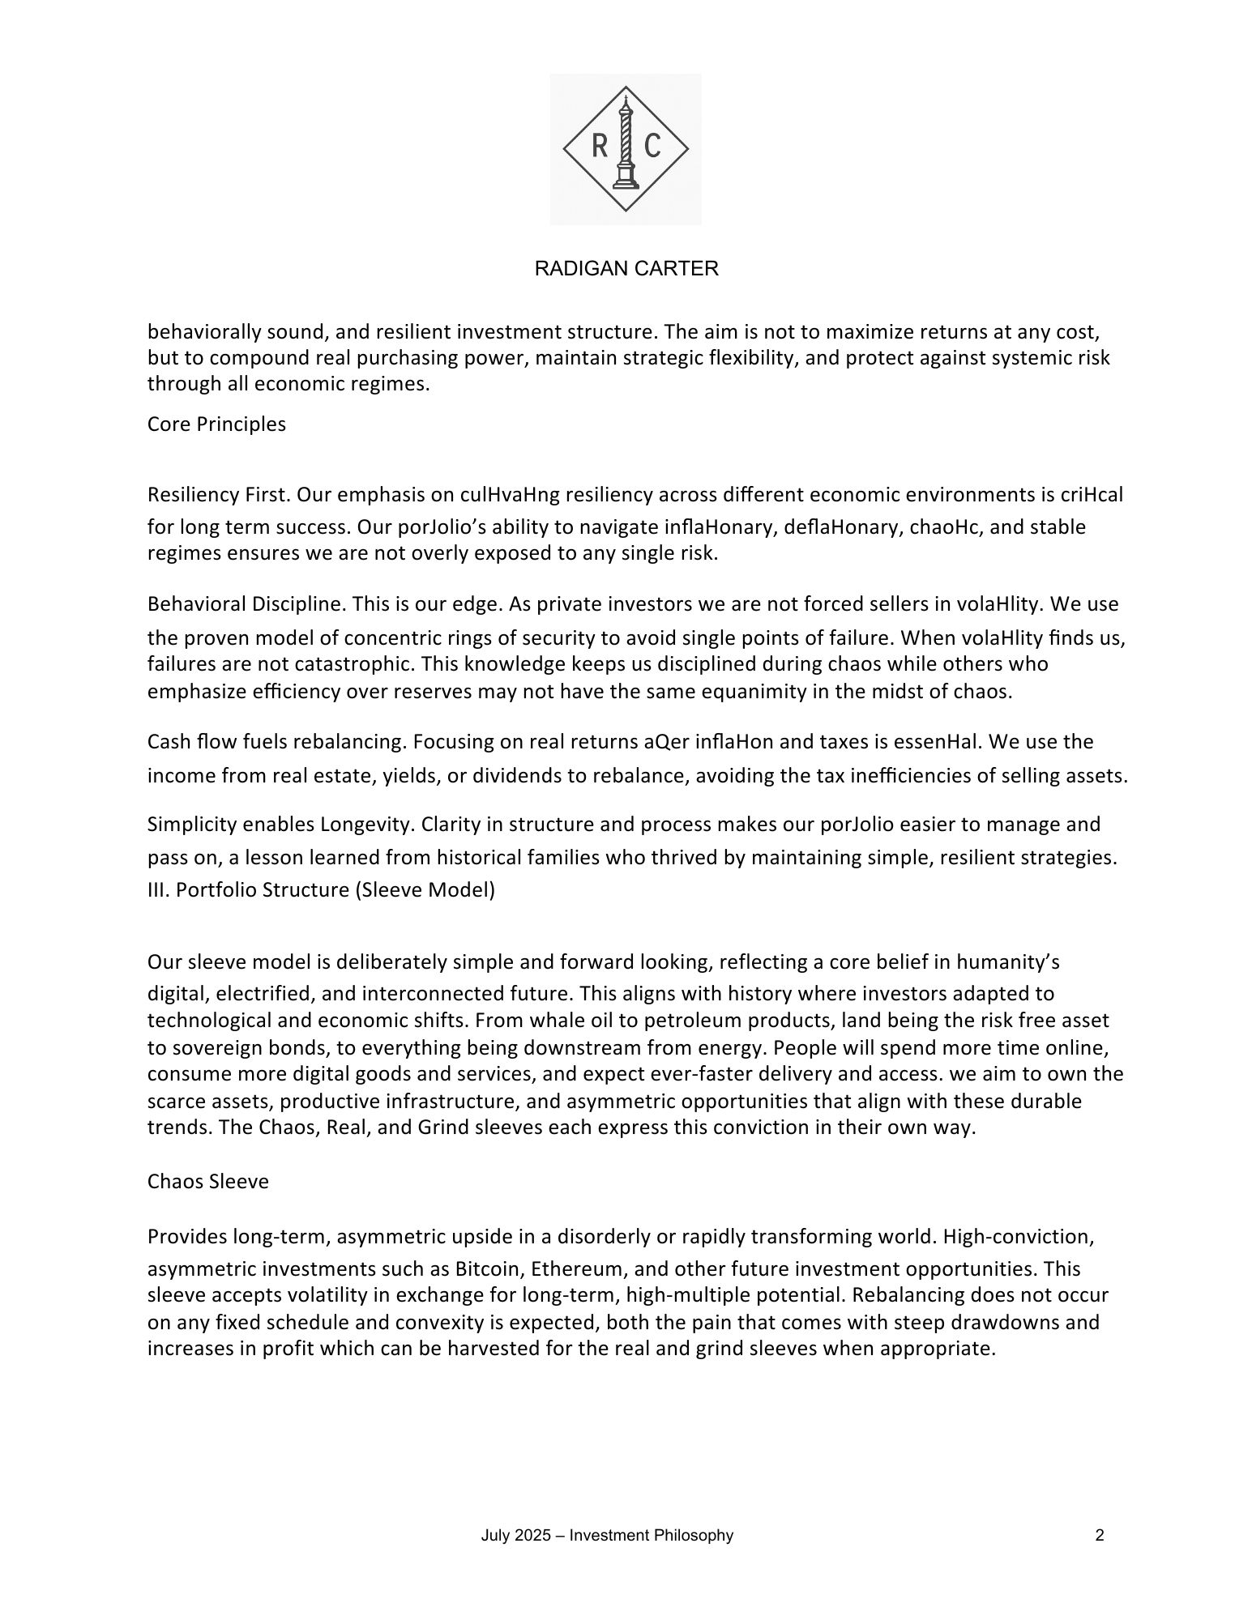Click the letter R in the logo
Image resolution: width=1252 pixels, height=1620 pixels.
pyautogui.click(x=600, y=146)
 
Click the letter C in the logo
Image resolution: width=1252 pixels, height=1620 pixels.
pyautogui.click(x=652, y=146)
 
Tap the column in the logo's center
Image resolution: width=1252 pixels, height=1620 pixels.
pyautogui.click(x=626, y=146)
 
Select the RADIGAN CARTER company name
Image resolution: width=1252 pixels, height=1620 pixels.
pyautogui.click(x=626, y=269)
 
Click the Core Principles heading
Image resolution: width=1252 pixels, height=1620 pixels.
pyautogui.click(x=216, y=424)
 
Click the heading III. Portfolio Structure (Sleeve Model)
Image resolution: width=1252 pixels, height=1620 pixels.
pyautogui.click(x=321, y=890)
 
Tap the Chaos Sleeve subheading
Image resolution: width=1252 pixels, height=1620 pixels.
pyautogui.click(x=208, y=1182)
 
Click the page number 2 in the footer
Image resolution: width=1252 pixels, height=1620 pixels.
pyautogui.click(x=1100, y=1536)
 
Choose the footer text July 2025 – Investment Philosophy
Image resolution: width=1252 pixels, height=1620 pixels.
pyautogui.click(x=607, y=1536)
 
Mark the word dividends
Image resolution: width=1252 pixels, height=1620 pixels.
pyautogui.click(x=516, y=776)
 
